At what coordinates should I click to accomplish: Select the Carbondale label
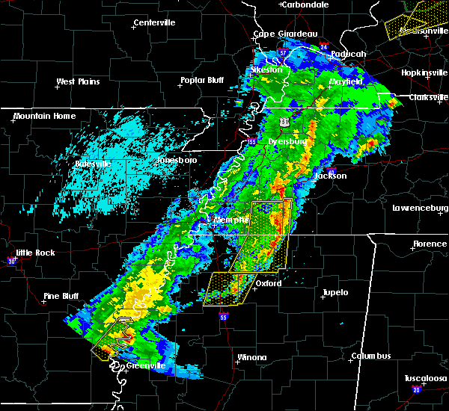(x=307, y=4)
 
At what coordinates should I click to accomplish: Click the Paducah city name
(x=349, y=54)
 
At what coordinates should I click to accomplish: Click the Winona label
(x=251, y=357)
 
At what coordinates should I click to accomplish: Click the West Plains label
(x=79, y=81)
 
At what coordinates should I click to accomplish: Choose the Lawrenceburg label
(x=419, y=208)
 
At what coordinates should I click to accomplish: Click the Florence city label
(x=430, y=244)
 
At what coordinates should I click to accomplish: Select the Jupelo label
(x=335, y=292)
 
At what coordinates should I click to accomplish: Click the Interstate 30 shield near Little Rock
(x=11, y=261)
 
